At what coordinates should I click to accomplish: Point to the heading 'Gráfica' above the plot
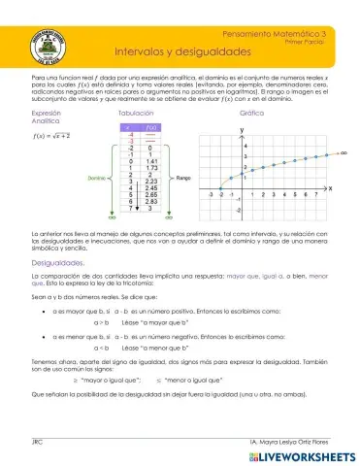[x=251, y=114]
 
